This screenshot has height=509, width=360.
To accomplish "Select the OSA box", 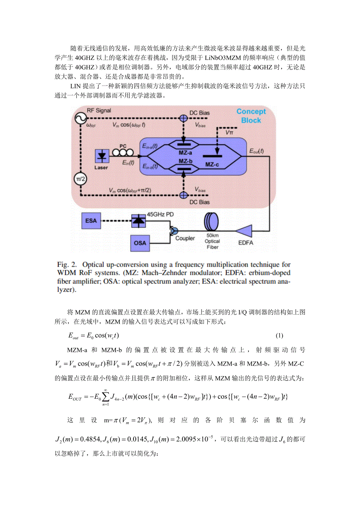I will (x=140, y=243).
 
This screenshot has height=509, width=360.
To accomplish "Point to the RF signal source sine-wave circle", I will (x=81, y=118).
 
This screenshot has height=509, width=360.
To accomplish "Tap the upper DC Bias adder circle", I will (x=183, y=118).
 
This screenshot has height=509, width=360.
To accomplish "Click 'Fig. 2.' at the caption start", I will (x=81, y=265).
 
